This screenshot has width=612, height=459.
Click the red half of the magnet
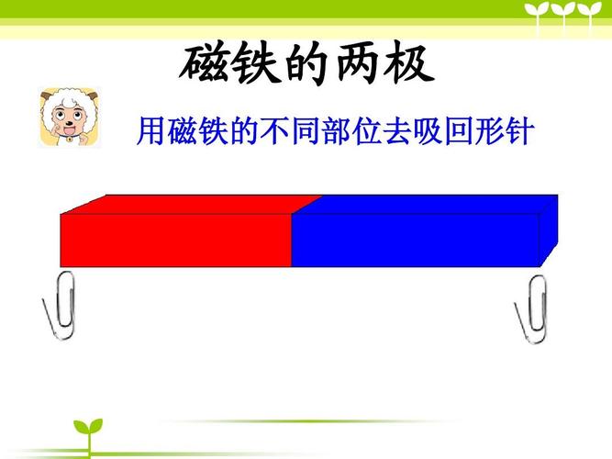click(174, 239)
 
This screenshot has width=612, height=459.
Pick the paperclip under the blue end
click(532, 308)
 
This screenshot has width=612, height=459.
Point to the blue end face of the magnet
click(548, 229)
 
